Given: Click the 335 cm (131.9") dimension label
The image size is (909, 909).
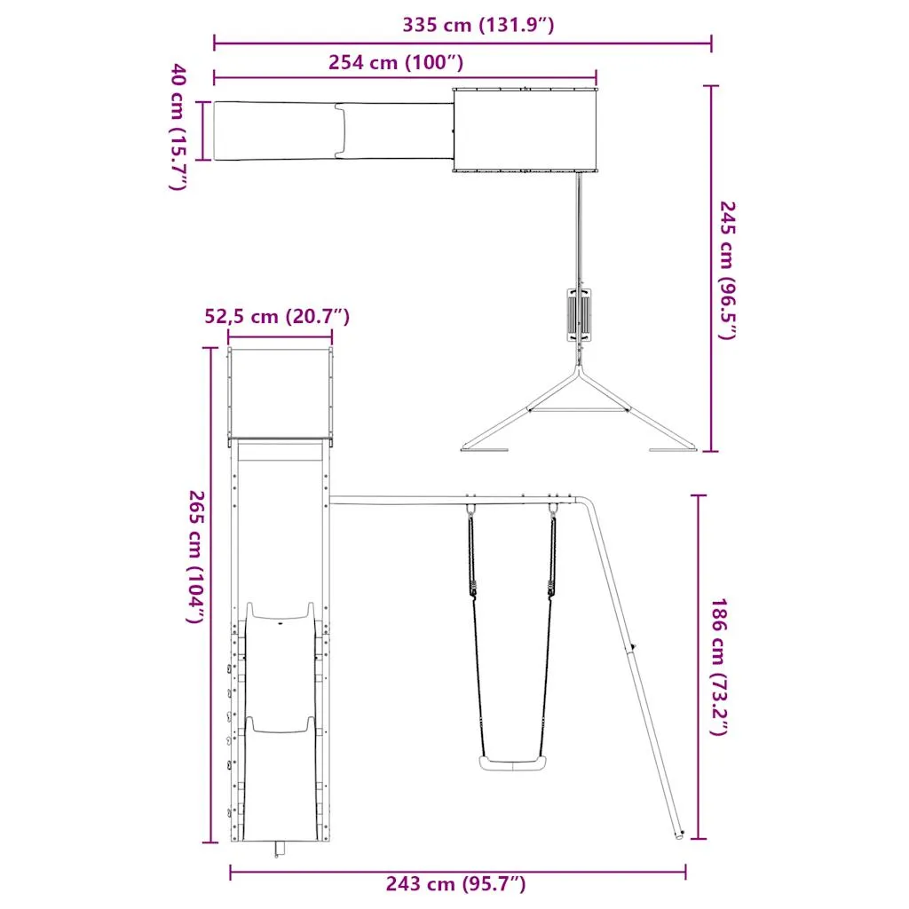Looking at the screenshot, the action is point(478,25).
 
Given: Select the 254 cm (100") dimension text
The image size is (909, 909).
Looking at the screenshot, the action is point(396,62).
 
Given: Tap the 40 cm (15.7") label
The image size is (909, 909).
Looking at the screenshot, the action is point(178,127).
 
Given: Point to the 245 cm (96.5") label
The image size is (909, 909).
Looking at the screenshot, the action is point(727,271).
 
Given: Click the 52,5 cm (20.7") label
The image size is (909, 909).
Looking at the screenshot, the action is point(277,317).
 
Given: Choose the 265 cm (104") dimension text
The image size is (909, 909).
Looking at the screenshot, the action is point(196,557).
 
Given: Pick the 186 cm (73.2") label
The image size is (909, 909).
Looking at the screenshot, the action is point(719,668).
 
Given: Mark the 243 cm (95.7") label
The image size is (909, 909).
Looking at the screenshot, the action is point(455,883).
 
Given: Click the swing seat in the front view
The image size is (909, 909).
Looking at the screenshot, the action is point(512,763).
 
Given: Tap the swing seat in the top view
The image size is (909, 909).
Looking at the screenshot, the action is point(579,315).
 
